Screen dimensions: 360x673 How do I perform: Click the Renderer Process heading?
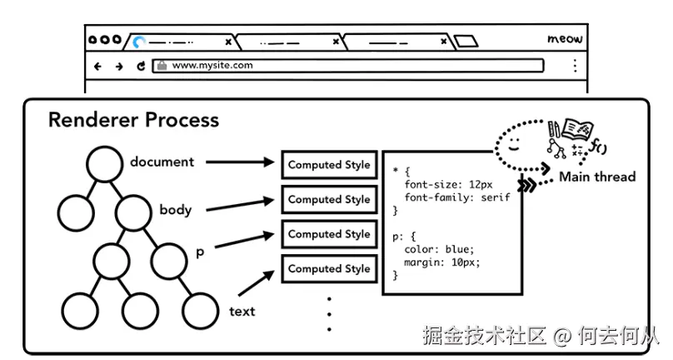133,120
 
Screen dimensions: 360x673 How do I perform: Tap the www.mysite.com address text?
212,65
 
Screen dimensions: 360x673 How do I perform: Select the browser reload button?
141,66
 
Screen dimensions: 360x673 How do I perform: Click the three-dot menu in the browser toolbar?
575,65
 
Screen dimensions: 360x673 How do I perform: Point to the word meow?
566,39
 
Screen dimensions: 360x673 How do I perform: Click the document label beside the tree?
162,162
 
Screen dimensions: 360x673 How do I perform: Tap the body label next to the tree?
176,209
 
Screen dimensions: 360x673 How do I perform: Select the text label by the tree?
242,312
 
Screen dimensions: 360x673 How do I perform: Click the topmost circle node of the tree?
106,163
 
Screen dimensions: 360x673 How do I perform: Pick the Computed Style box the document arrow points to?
329,165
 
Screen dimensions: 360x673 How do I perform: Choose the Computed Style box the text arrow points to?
329,268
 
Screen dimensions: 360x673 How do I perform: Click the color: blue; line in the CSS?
438,249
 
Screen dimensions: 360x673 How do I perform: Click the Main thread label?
597,177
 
